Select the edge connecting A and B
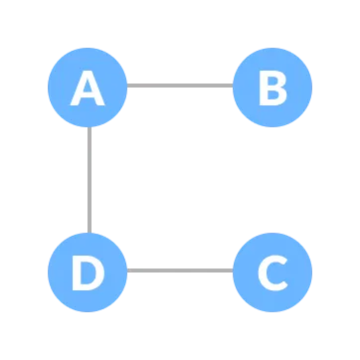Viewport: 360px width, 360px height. click(179, 86)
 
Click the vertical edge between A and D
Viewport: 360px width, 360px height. click(89, 179)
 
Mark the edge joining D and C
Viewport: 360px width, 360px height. click(179, 270)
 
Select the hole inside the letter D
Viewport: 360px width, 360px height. click(89, 271)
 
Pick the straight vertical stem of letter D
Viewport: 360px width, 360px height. click(76, 271)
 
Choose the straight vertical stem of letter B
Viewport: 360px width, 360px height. click(262, 89)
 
